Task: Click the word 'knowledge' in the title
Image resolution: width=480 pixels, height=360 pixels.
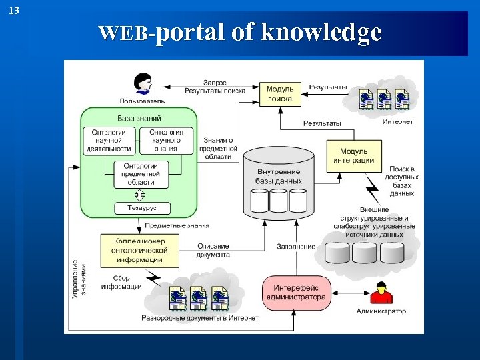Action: (322, 32)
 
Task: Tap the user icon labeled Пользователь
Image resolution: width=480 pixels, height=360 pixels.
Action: (141, 85)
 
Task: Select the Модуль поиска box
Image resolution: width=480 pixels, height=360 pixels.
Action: (280, 93)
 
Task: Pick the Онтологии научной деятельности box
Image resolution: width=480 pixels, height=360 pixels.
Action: (109, 141)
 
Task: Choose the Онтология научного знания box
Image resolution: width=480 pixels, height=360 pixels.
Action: (167, 141)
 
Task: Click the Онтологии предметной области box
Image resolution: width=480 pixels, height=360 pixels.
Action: (137, 173)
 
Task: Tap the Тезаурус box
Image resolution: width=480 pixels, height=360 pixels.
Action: (141, 208)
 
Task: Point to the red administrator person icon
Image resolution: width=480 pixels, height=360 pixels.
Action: (381, 293)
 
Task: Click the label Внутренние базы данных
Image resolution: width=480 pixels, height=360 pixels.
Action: (279, 176)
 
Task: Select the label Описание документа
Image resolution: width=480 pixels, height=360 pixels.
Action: (213, 250)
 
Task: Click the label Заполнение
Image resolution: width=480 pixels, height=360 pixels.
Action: (296, 247)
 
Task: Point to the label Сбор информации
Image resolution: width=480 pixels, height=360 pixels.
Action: (121, 282)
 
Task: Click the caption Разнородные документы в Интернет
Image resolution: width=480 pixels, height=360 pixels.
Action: (200, 318)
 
